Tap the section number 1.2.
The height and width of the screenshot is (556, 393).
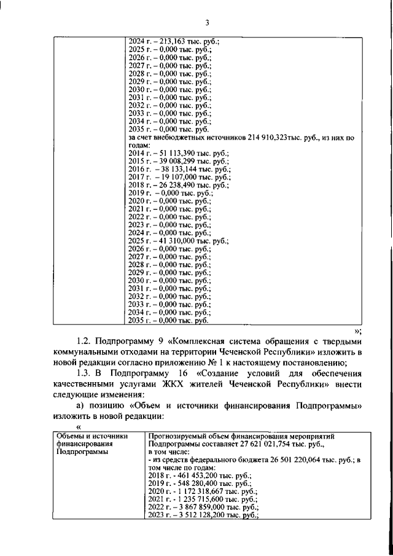click(x=85, y=340)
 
